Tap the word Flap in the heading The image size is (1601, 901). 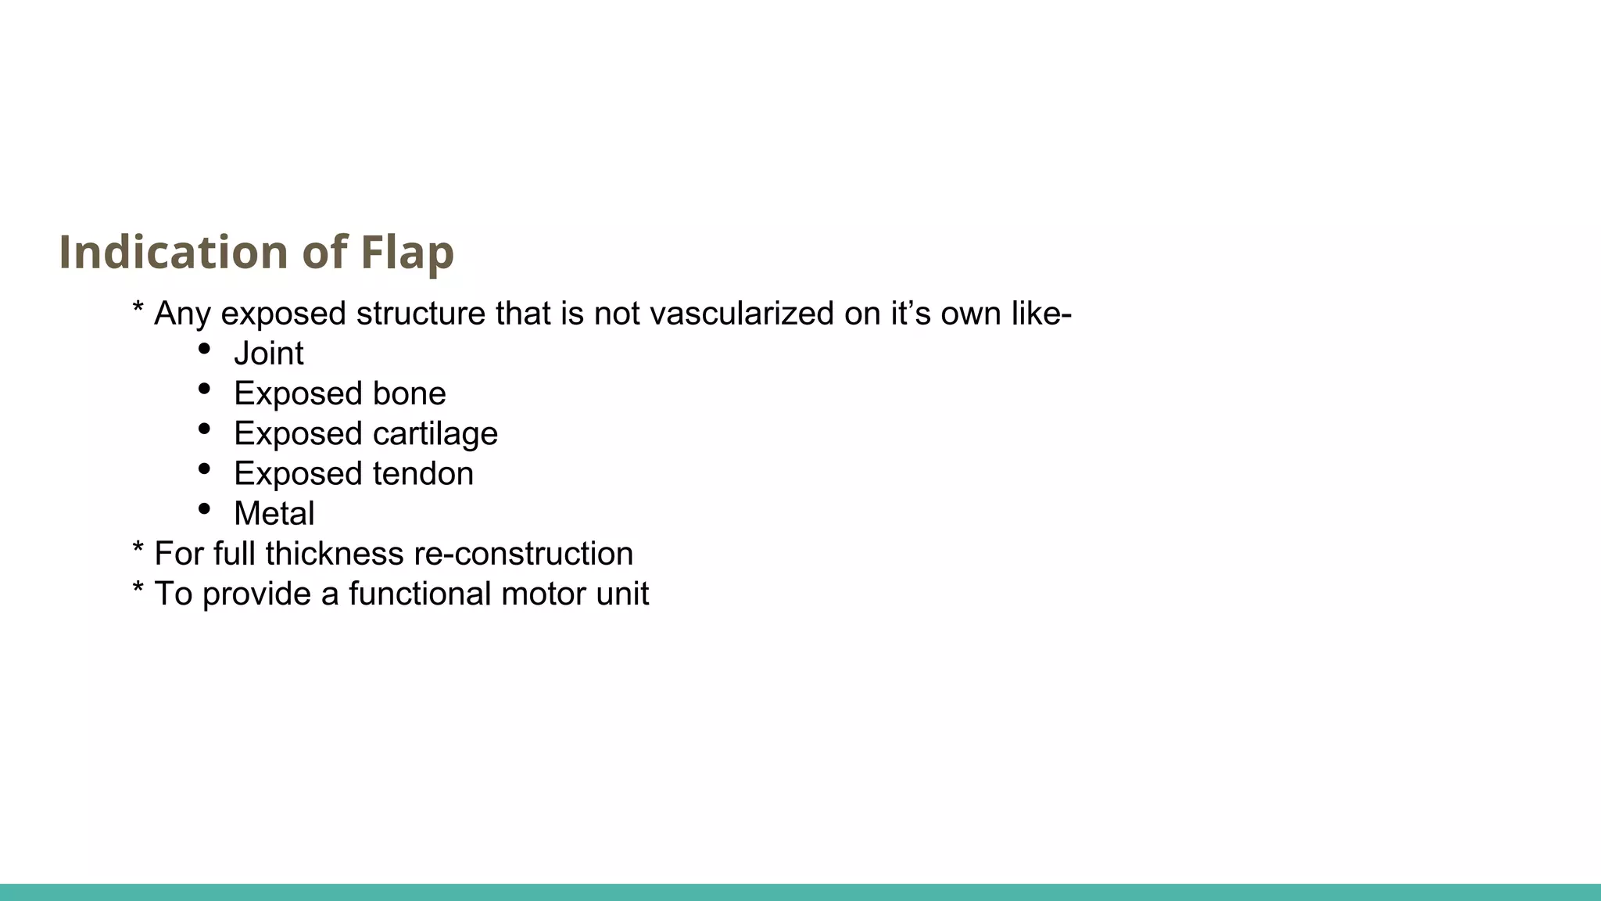[407, 252]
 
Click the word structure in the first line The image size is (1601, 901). [421, 314]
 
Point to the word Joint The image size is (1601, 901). [268, 354]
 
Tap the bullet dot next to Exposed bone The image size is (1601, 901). [204, 388]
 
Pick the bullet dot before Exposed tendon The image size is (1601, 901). [204, 468]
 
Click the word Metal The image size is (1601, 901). [274, 514]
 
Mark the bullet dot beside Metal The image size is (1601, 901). [204, 508]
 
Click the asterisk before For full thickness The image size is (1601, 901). [138, 550]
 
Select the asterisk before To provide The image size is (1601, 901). [138, 590]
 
